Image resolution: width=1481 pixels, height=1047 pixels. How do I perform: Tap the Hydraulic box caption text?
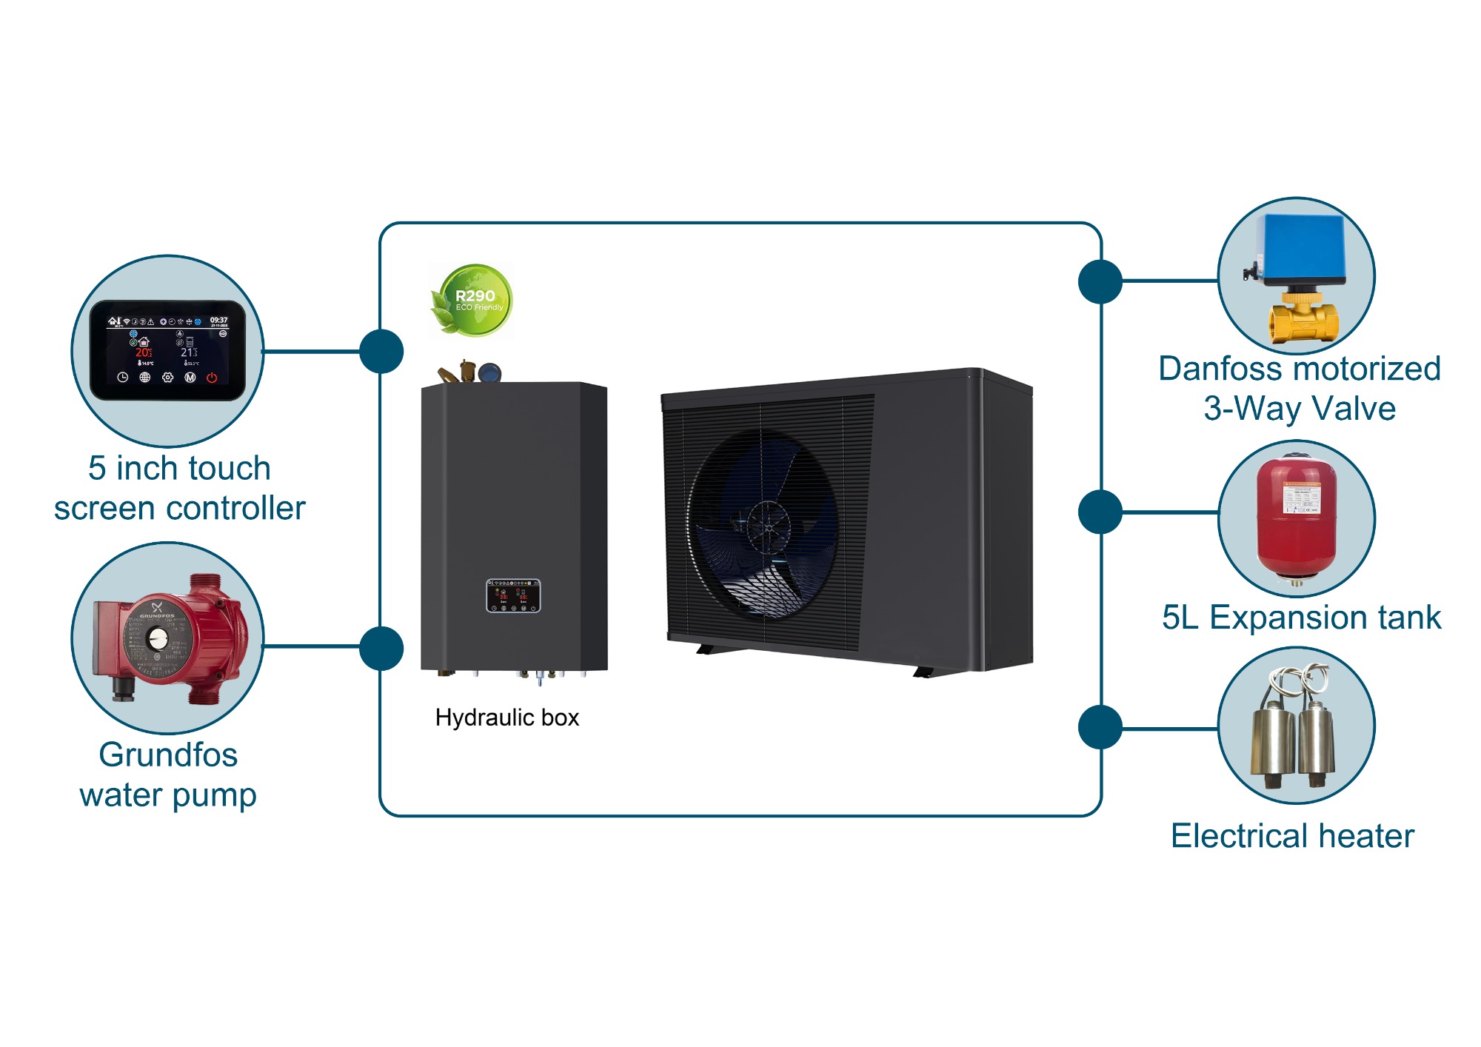point(507,717)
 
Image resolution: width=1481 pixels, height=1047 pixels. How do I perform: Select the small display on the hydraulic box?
point(513,596)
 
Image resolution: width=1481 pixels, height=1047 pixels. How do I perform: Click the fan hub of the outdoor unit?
point(768,527)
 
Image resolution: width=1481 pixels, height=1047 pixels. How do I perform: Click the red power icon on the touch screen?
point(212,378)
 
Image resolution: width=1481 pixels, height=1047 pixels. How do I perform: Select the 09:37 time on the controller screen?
point(218,320)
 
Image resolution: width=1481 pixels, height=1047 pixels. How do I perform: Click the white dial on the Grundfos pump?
point(158,638)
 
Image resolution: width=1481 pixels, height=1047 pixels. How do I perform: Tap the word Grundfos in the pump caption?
point(168,755)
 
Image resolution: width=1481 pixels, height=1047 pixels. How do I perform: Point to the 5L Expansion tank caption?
point(1301,618)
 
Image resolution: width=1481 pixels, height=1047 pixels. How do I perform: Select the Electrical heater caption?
point(1292,836)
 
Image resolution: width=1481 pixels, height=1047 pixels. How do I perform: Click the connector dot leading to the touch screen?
point(381,351)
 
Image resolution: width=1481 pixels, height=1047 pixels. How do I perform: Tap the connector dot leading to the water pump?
point(381,648)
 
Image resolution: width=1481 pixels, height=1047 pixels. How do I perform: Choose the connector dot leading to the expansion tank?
point(1100,512)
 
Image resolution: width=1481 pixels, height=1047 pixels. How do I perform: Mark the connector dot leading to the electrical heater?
point(1100,727)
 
